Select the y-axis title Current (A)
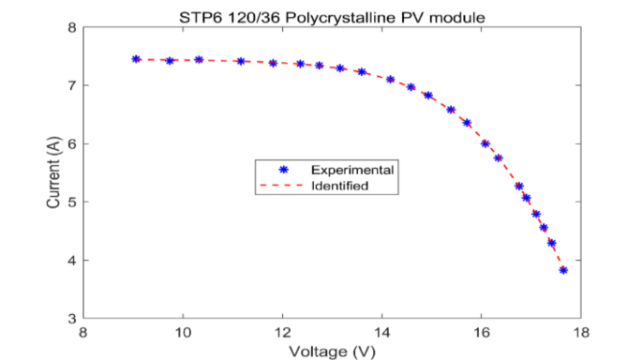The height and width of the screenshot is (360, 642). tap(53, 173)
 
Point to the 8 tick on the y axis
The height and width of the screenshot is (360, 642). tap(72, 28)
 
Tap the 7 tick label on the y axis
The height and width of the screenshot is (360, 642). tap(72, 86)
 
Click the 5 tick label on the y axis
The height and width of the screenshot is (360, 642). tap(72, 202)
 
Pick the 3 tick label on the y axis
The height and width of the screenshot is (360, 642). tap(72, 319)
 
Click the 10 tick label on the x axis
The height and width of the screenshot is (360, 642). tap(183, 331)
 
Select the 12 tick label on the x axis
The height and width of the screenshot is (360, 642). tap(282, 331)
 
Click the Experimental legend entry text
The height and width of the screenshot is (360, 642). tap(351, 170)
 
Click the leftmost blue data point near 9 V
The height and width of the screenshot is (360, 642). tap(136, 59)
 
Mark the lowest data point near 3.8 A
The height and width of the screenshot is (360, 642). tap(563, 270)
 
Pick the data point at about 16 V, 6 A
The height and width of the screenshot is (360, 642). tap(485, 143)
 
